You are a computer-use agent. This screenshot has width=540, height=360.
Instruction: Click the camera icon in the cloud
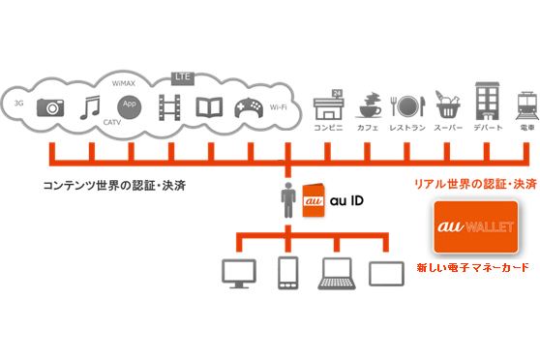48,106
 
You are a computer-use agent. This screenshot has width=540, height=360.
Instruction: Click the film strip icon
170,105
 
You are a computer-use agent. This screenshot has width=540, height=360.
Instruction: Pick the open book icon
210,106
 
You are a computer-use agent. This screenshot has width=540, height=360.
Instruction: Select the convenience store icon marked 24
329,105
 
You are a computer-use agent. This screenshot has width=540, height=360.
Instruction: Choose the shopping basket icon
447,105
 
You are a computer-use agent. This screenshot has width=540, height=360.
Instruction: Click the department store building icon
487,103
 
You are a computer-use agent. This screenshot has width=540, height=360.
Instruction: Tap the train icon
525,105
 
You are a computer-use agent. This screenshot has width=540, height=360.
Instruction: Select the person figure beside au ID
287,200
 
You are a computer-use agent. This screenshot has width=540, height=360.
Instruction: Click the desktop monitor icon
236,273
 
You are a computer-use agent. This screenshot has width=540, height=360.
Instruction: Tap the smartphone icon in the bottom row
288,273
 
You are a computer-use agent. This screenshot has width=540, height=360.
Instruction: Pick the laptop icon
336,274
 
